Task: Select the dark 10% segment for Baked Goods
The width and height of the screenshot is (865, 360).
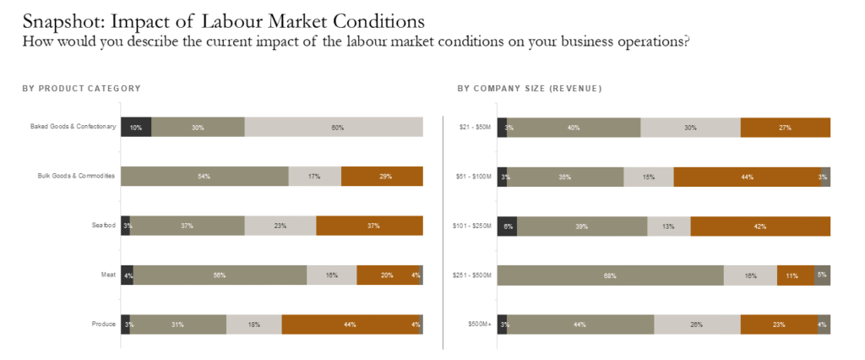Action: tap(136, 128)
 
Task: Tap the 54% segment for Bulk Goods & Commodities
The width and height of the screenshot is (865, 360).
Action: tap(204, 177)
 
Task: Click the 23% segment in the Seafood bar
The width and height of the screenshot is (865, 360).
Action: tap(280, 226)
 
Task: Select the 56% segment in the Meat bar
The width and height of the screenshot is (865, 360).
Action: tap(220, 275)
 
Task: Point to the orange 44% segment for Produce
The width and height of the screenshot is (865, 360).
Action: tap(350, 324)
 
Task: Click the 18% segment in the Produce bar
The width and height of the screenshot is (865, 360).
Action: tap(253, 324)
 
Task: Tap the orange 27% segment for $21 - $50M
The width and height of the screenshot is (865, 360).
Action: tap(785, 128)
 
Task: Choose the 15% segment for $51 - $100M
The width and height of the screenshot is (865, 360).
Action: tap(649, 177)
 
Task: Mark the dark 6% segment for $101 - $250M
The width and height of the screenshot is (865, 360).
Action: tap(507, 226)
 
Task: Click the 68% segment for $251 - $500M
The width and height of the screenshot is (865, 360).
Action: tap(610, 275)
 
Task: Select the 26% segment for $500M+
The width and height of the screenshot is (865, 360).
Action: tap(697, 324)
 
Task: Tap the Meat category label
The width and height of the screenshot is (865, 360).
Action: tap(107, 275)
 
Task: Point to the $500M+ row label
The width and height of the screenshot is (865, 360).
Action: tap(479, 324)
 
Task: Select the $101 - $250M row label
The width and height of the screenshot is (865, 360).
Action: tap(471, 226)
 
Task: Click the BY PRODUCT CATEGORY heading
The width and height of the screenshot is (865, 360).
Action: tap(81, 89)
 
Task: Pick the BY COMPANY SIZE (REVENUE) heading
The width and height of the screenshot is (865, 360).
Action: tap(530, 89)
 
